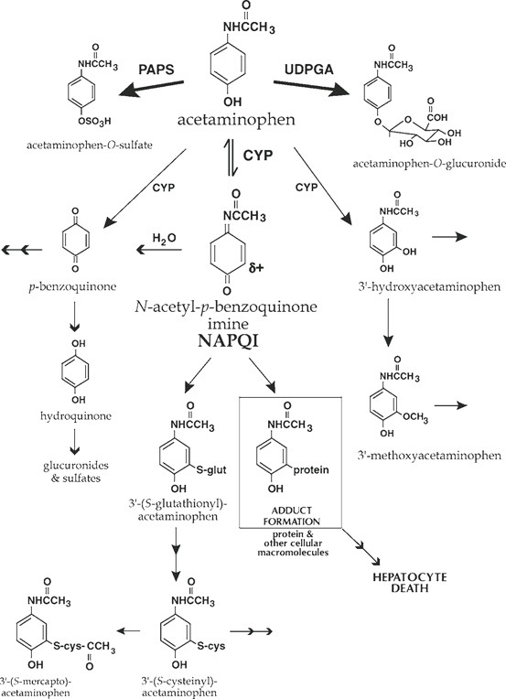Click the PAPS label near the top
pos(156,69)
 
